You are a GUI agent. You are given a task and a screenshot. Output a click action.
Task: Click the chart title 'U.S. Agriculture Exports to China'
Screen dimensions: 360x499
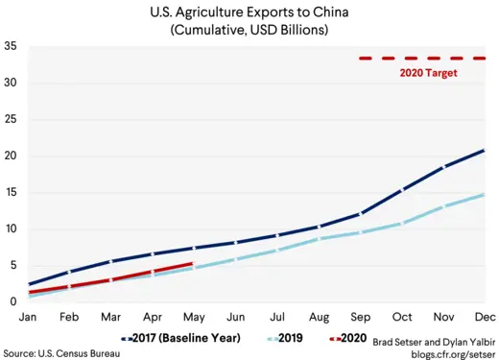(249, 12)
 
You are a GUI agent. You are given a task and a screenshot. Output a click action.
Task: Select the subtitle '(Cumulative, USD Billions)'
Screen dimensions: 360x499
(249, 31)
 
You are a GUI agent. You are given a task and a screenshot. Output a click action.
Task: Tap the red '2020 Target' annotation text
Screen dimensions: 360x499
(427, 73)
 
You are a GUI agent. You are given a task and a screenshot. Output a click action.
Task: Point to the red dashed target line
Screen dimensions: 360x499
(422, 59)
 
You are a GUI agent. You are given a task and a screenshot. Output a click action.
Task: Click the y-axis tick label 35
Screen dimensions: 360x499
(11, 47)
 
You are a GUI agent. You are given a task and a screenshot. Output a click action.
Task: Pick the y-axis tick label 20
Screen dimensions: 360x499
(11, 156)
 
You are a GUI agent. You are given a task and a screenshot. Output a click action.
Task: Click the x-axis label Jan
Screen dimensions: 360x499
(30, 316)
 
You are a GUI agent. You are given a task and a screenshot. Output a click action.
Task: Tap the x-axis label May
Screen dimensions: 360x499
(194, 316)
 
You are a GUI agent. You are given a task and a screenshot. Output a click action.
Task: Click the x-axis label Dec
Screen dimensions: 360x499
(483, 316)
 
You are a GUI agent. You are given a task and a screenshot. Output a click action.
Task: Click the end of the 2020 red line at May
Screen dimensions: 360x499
(194, 263)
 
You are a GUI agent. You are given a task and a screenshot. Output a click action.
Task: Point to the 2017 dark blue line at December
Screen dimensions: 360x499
(483, 150)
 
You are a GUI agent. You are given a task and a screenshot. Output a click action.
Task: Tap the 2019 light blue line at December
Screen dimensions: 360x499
(483, 195)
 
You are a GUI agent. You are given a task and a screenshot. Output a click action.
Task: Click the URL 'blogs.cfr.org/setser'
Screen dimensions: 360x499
(447, 352)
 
